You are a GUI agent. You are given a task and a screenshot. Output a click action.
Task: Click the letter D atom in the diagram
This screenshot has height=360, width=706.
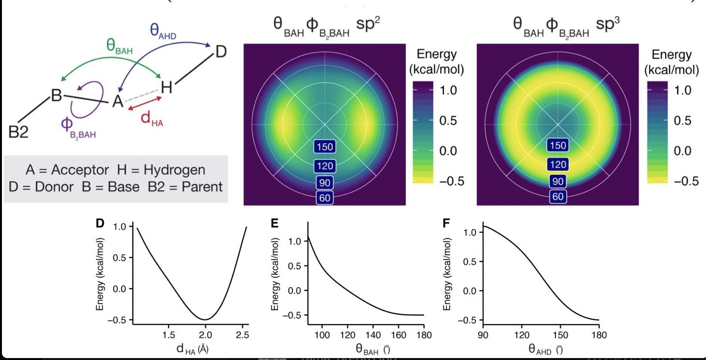pyautogui.click(x=220, y=51)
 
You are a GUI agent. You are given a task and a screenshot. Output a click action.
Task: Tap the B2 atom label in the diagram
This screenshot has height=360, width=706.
pyautogui.click(x=19, y=131)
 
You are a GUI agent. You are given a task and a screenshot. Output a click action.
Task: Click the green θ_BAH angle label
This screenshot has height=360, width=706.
pyautogui.click(x=120, y=46)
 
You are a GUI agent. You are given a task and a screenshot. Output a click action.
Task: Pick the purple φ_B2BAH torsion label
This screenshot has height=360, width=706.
pyautogui.click(x=75, y=126)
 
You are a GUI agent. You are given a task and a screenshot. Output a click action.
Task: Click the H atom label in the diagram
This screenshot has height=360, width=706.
pyautogui.click(x=166, y=87)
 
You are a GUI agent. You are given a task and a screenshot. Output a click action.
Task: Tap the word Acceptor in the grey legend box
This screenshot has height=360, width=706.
pyautogui.click(x=81, y=170)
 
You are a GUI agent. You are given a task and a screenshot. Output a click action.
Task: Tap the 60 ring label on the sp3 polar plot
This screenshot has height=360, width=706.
pyautogui.click(x=558, y=197)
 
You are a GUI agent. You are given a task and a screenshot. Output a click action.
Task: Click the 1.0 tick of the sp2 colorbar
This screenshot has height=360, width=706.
pyautogui.click(x=448, y=90)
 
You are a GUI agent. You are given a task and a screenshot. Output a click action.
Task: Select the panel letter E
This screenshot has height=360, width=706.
pyautogui.click(x=275, y=223)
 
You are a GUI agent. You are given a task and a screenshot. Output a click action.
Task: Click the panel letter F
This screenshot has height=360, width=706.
pyautogui.click(x=447, y=223)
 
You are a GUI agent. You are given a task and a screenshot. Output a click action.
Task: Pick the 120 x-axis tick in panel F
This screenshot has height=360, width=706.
pyautogui.click(x=521, y=334)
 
